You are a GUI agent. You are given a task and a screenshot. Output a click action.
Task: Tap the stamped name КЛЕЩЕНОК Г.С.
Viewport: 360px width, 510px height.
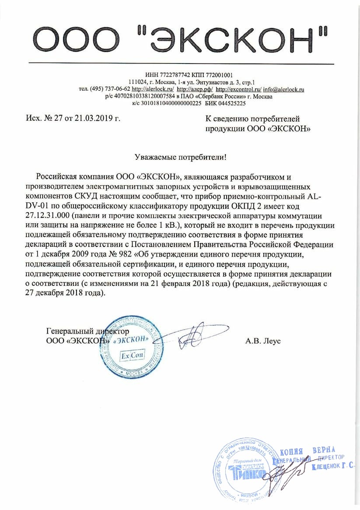pyautogui.click(x=332, y=468)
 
